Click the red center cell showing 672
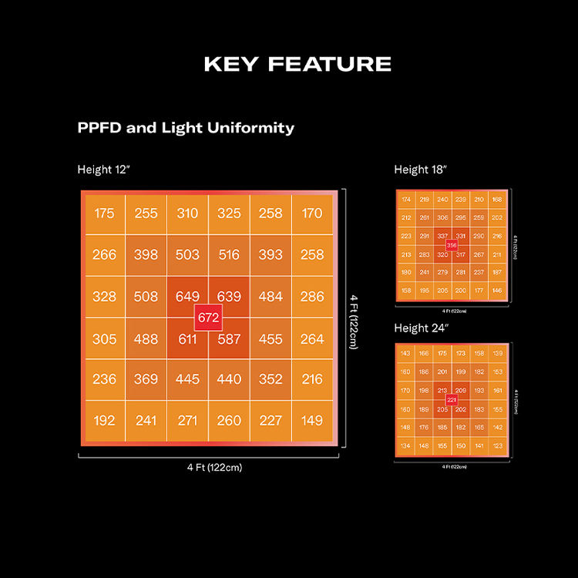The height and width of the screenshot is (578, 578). point(209,318)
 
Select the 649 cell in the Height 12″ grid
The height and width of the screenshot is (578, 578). point(187,297)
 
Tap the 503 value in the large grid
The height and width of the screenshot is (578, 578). point(187,255)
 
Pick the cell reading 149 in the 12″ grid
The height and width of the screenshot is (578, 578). point(312,422)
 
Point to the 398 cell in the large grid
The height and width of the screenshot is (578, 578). point(146,255)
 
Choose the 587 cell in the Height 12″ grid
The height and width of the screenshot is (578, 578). point(229,338)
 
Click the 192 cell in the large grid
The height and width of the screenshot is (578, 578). point(104,422)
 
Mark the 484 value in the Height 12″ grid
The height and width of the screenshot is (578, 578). point(271,297)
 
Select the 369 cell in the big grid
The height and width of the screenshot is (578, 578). point(146,380)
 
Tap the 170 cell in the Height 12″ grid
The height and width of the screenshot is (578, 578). point(312,213)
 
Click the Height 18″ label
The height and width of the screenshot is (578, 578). point(421,170)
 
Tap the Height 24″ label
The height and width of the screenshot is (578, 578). point(422,328)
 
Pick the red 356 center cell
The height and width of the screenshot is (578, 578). point(452,245)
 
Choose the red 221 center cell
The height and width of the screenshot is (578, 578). point(452,400)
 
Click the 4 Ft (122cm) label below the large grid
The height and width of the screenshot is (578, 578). point(209,467)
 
